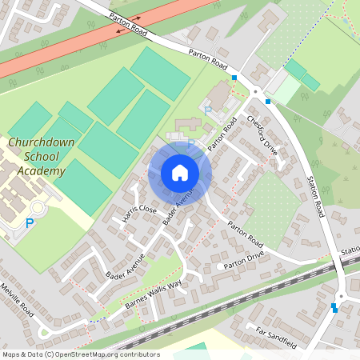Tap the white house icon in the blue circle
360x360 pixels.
pyautogui.click(x=180, y=172)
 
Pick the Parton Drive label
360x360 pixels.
pyautogui.click(x=243, y=265)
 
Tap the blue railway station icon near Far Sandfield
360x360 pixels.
pyautogui.click(x=334, y=307)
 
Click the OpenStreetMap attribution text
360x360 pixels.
pyautogui.click(x=80, y=354)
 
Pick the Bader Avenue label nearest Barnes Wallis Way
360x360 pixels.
pyautogui.click(x=123, y=265)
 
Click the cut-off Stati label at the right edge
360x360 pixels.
pyautogui.click(x=350, y=251)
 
